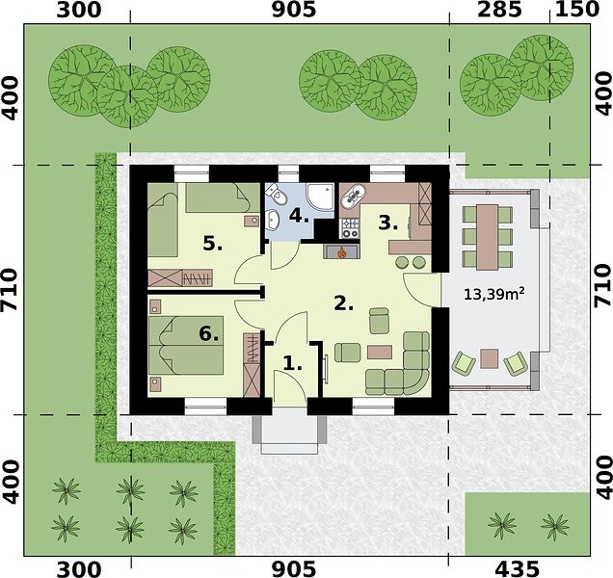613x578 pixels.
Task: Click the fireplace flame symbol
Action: point(342,252)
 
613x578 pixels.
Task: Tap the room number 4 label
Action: point(299,216)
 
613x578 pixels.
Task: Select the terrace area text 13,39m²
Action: point(493,294)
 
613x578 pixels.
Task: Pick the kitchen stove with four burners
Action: point(350,228)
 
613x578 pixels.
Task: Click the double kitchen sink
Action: point(354,195)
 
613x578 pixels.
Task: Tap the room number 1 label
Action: point(292,364)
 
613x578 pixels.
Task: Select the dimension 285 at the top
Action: point(499,10)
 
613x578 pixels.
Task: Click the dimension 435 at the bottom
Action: point(517,568)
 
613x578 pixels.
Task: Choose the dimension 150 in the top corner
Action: point(577,10)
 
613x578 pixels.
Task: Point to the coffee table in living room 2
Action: point(380,352)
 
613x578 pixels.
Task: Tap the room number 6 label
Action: point(208,334)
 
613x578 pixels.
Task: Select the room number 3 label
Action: point(387,223)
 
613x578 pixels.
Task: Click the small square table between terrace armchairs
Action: point(490,358)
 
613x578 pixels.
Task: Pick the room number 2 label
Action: point(344,303)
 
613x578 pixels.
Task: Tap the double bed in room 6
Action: point(186,345)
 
